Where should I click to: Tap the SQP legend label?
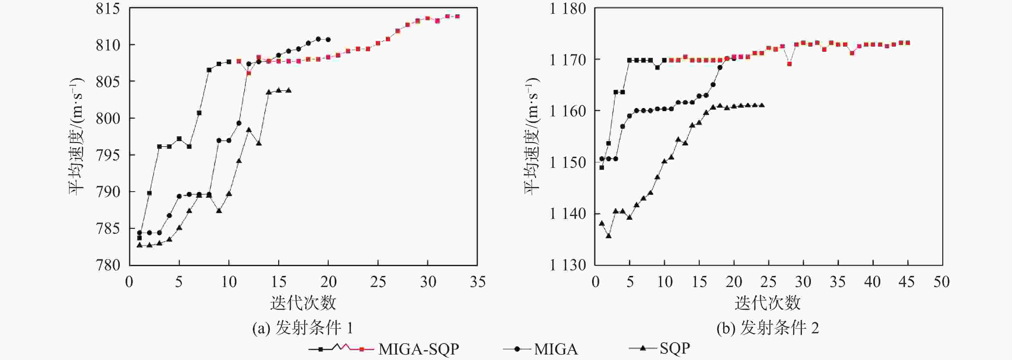675,348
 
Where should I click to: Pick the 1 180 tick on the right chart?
567,9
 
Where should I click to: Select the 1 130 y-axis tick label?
567,265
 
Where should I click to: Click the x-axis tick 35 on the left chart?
477,282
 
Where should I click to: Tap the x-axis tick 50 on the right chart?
942,282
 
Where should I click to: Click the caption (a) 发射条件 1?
303,328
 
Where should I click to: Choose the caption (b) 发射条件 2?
768,328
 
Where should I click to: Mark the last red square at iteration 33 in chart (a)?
457,16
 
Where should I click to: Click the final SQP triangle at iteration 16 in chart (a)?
289,90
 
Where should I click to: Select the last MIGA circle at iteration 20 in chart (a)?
328,40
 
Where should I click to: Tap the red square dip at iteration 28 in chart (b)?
789,64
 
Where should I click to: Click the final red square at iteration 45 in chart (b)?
908,43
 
